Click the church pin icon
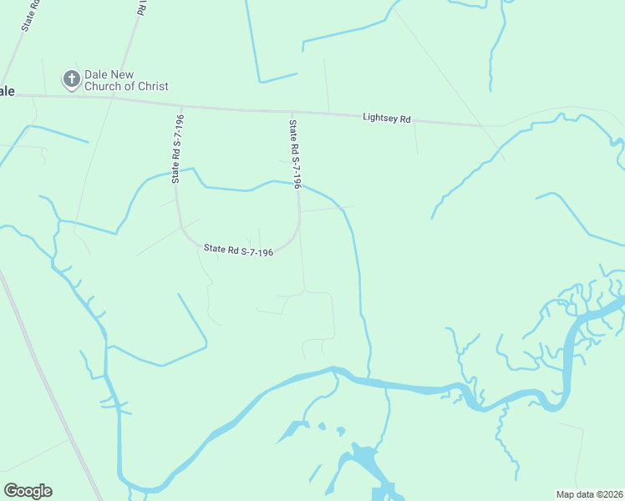tap(72, 79)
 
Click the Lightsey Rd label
tap(387, 119)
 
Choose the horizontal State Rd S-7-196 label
tap(239, 250)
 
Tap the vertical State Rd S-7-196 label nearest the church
tap(177, 149)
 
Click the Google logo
tap(28, 491)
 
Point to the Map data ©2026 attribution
tap(589, 493)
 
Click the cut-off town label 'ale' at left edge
tap(7, 91)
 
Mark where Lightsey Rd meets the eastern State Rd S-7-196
tap(292, 111)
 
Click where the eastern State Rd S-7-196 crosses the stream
tap(297, 185)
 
